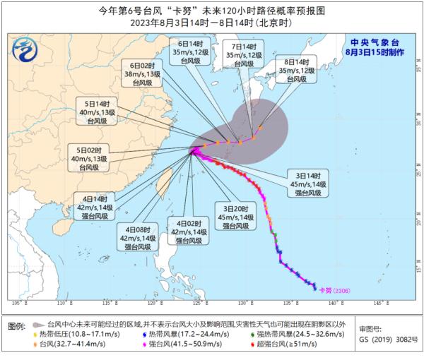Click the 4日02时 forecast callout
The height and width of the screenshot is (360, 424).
(187, 232)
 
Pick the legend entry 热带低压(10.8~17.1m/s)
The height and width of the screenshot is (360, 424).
(78, 334)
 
